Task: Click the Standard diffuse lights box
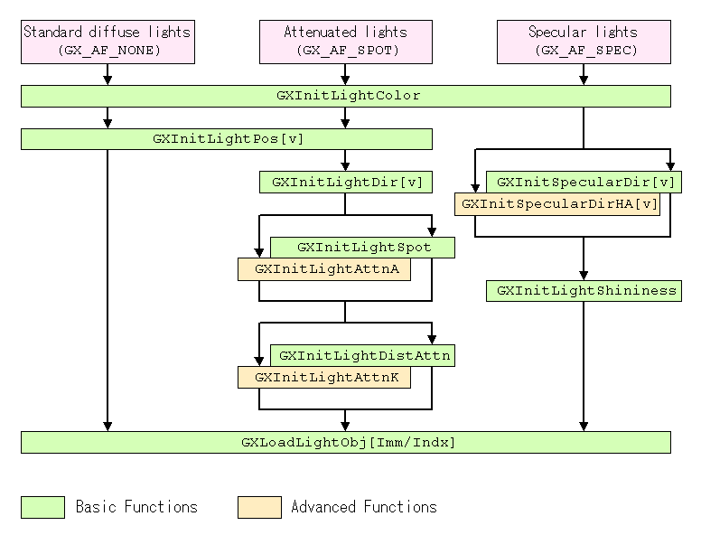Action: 107,42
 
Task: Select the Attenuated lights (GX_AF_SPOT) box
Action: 345,42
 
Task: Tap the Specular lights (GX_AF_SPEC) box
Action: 584,42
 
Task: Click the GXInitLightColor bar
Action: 345,96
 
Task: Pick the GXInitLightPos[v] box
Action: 226,139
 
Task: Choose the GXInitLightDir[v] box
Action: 345,183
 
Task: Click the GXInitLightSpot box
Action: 363,247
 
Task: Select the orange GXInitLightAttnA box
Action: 323,269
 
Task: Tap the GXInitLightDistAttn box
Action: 363,355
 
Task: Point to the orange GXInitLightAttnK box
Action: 323,378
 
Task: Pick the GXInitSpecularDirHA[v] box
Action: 556,204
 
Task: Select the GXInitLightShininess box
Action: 584,291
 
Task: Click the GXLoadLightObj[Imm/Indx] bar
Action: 345,442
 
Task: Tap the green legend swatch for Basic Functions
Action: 42,507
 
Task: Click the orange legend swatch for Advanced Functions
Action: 259,507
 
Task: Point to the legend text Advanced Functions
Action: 363,507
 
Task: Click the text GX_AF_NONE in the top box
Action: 107,51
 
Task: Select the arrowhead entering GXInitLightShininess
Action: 584,277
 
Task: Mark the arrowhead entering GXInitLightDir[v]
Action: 345,167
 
